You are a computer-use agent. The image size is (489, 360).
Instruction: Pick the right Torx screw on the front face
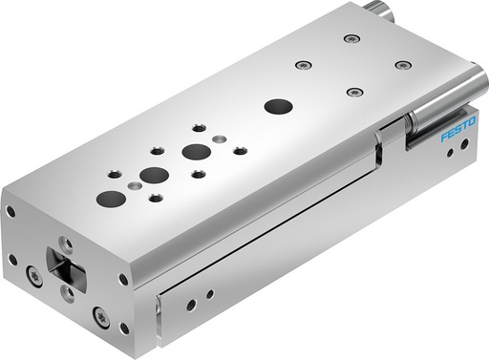click(x=99, y=312)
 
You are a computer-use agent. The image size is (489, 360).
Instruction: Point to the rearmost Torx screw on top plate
click(x=351, y=39)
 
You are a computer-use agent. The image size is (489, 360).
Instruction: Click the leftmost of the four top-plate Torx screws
click(x=304, y=65)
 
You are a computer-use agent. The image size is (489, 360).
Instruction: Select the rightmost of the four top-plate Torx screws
click(x=403, y=65)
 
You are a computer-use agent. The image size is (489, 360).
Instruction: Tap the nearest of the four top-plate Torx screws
click(x=355, y=93)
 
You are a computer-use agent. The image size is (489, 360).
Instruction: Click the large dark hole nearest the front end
click(x=112, y=199)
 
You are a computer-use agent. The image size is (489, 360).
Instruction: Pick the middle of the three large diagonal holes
click(x=153, y=175)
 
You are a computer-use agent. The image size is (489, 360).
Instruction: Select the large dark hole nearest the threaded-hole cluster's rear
click(x=196, y=151)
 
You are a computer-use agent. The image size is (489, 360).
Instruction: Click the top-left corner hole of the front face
click(x=11, y=211)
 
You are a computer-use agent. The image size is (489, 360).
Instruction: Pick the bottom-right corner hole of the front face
click(x=124, y=328)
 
